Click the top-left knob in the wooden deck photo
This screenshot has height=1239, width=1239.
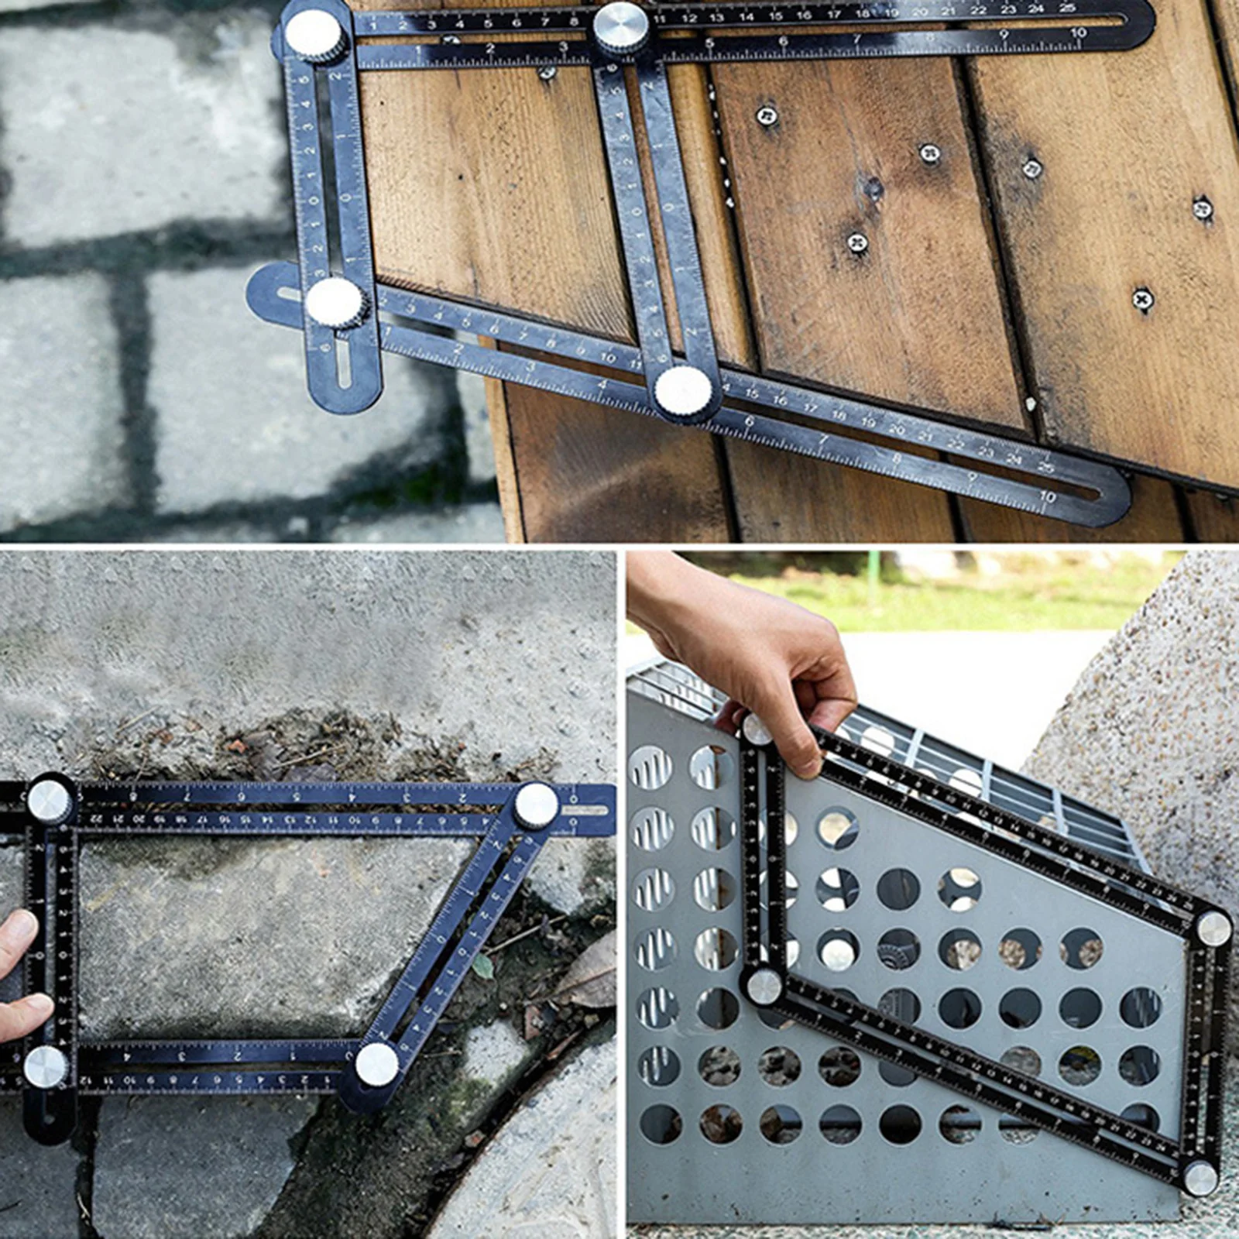pyautogui.click(x=314, y=35)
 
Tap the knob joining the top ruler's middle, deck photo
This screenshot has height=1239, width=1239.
pyautogui.click(x=621, y=27)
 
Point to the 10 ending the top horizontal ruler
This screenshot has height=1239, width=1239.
pyautogui.click(x=1078, y=33)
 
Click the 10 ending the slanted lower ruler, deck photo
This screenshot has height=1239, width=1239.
pyautogui.click(x=1048, y=496)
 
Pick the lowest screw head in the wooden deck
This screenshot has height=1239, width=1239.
pyautogui.click(x=1143, y=298)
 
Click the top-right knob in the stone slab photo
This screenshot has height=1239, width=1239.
pyautogui.click(x=536, y=805)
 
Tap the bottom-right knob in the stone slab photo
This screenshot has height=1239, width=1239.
pyautogui.click(x=377, y=1064)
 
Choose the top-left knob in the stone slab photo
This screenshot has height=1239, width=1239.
pyautogui.click(x=50, y=801)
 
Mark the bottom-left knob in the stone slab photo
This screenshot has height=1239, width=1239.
pyautogui.click(x=46, y=1066)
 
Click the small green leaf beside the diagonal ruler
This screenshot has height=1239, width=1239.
pyautogui.click(x=483, y=966)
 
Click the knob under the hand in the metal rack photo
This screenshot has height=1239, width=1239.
pyautogui.click(x=755, y=729)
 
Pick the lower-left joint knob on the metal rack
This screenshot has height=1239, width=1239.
pyautogui.click(x=764, y=986)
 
